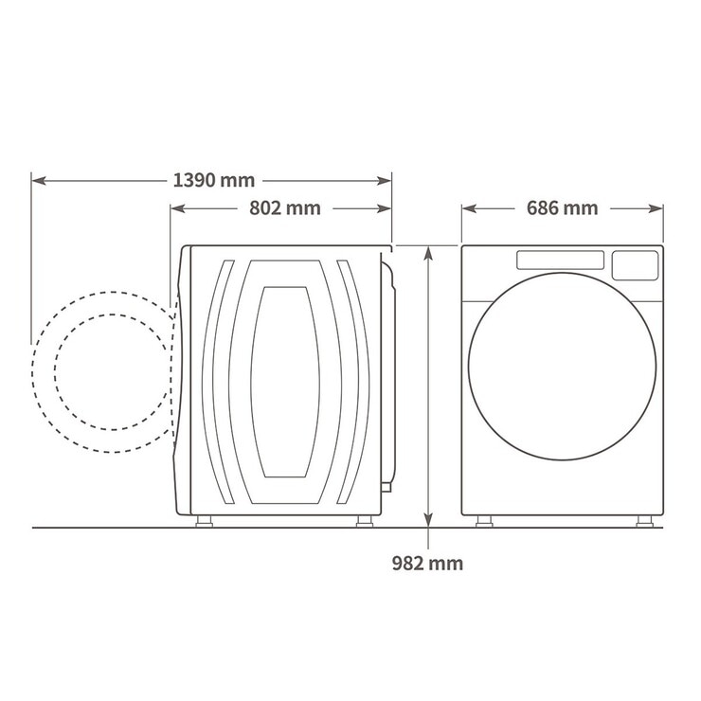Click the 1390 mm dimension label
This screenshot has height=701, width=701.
[214, 181]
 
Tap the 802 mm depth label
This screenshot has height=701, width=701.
[285, 208]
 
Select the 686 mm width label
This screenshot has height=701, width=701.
[562, 208]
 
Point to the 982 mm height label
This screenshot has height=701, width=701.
[427, 563]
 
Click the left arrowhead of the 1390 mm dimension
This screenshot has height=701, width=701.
[39, 181]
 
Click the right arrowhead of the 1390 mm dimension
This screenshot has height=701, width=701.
[385, 181]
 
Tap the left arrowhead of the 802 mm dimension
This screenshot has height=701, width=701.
[178, 208]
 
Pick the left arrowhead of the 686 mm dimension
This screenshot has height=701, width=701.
[469, 208]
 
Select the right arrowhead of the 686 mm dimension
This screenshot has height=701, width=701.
[656, 208]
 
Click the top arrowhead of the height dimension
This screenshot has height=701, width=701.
[428, 253]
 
